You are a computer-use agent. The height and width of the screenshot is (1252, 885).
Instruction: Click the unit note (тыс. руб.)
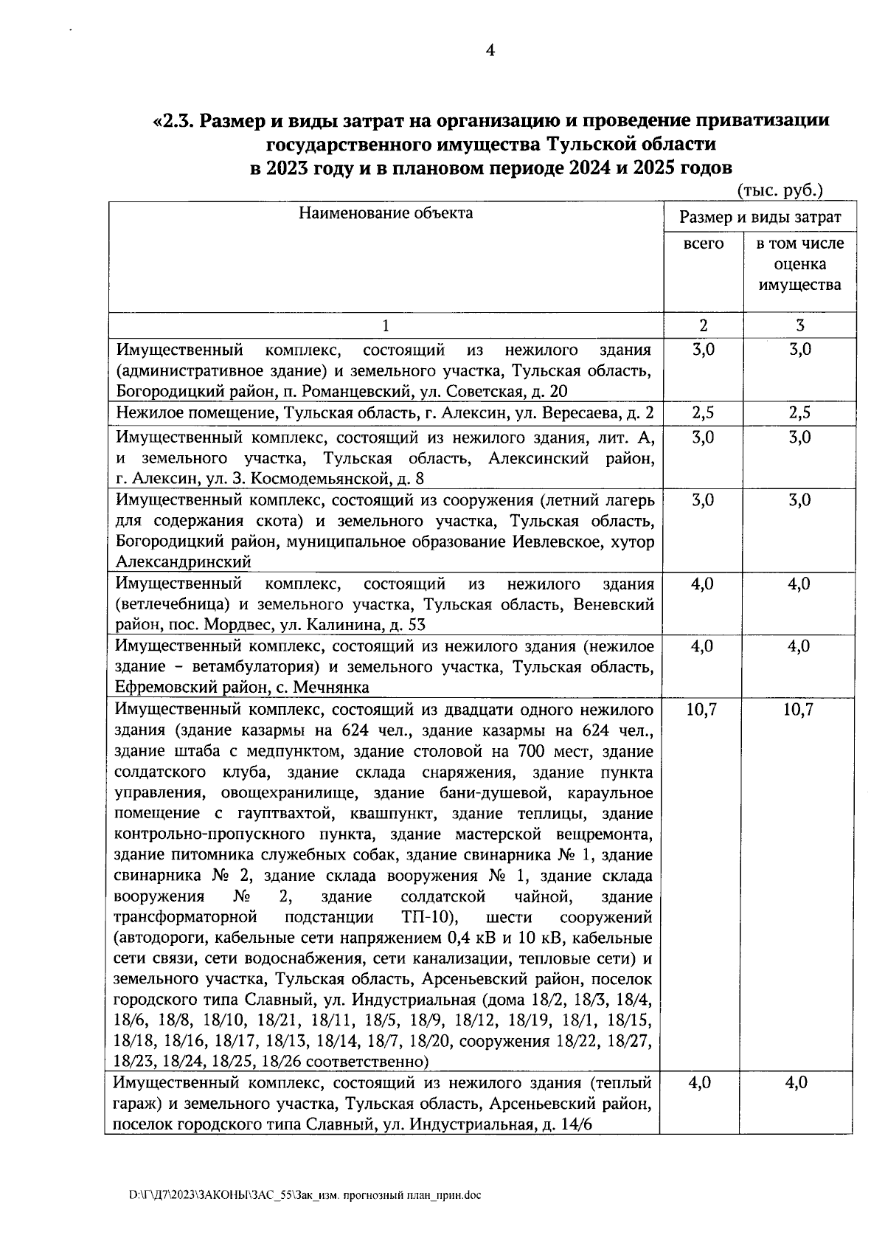[x=780, y=190]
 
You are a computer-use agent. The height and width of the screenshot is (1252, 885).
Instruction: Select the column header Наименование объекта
[x=386, y=214]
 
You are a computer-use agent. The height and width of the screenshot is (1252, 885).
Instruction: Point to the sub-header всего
[x=704, y=243]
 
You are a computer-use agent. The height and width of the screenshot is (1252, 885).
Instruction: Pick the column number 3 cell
[x=799, y=325]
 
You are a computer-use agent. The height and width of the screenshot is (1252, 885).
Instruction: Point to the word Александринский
[x=184, y=562]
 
